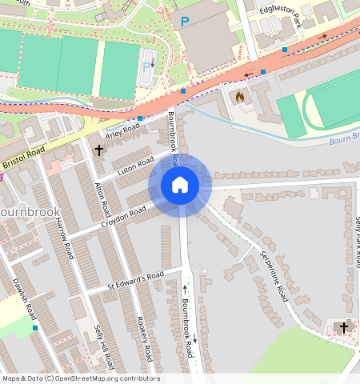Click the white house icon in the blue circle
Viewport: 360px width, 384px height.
click(x=180, y=185)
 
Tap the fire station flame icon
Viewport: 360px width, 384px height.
click(x=239, y=97)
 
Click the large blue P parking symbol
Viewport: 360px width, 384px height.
click(x=185, y=22)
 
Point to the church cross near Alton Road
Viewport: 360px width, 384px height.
click(x=99, y=150)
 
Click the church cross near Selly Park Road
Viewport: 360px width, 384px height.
click(x=344, y=327)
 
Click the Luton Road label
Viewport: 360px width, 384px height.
click(x=135, y=168)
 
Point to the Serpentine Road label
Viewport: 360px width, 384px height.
click(x=274, y=274)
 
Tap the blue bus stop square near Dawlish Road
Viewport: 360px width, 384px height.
click(x=35, y=328)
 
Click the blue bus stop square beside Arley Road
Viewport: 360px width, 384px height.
click(x=140, y=118)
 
